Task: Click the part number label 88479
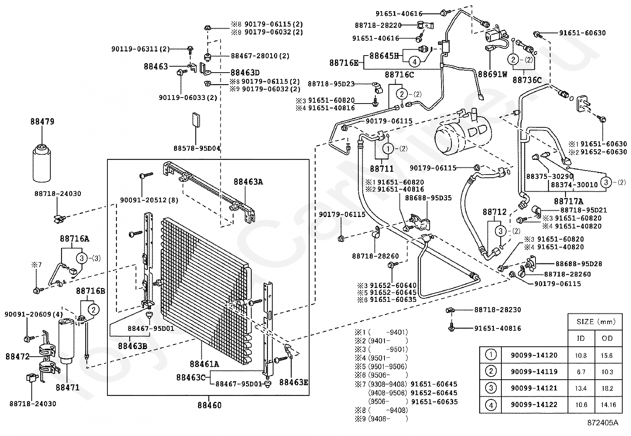pos(42,121)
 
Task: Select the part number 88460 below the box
pos(210,405)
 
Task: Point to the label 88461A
pos(204,364)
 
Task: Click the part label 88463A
pos(248,182)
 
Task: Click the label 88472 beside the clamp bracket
pos(17,357)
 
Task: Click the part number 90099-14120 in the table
pos(534,355)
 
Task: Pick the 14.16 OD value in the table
pos(608,405)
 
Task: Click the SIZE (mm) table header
pos(596,322)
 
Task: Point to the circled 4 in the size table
pos(491,405)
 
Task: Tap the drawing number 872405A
pos(602,423)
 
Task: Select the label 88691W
pos(493,74)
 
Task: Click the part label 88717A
pos(568,202)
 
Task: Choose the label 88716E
pos(344,63)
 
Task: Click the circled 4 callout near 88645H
pos(414,61)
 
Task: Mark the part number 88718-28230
pos(497,310)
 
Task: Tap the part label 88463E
pos(294,382)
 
